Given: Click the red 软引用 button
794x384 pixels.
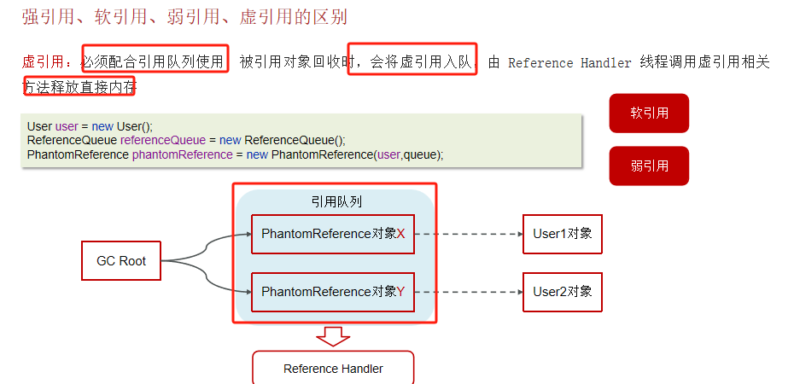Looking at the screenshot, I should point(649,113).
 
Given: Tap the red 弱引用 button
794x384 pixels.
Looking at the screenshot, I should point(649,166).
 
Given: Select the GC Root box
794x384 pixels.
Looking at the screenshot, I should point(121,261).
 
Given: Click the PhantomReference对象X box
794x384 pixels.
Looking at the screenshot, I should point(333,234).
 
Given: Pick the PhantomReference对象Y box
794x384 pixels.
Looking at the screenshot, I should point(333,292).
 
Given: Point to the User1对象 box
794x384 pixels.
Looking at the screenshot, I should point(562,234).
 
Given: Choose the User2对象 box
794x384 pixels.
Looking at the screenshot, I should point(562,292).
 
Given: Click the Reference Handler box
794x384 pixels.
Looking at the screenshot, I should point(333,369).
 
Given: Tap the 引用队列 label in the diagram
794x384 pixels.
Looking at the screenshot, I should point(336,202).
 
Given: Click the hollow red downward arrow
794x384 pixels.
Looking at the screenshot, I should point(333,336).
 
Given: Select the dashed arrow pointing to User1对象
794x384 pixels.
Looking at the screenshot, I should point(468,234).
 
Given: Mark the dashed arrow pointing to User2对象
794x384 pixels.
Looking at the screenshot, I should point(468,292).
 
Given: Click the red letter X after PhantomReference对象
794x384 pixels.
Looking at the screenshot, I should point(401,234).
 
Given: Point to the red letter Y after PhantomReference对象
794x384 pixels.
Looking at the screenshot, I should point(401,292).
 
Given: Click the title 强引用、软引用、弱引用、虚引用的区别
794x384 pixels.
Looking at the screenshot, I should point(184,17).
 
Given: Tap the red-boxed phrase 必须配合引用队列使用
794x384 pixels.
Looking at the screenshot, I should point(155,61).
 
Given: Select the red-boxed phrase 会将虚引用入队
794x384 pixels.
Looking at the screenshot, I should point(412,61).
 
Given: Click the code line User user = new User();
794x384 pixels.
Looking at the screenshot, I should point(90,126).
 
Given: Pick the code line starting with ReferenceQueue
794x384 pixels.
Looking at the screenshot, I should point(186,140).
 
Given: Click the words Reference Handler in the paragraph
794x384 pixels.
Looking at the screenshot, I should point(569,63).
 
